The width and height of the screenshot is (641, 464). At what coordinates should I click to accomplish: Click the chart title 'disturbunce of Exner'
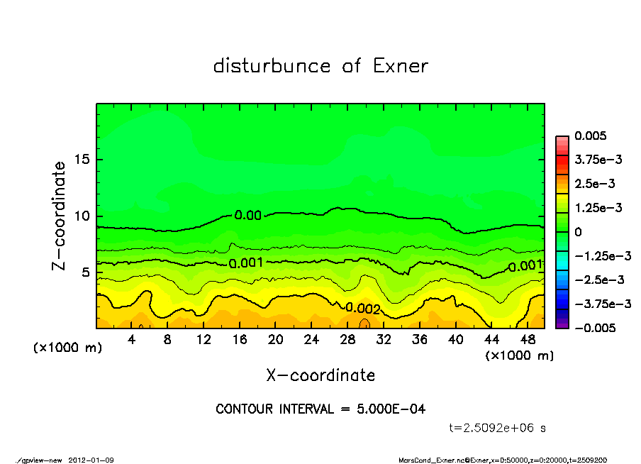click(320, 66)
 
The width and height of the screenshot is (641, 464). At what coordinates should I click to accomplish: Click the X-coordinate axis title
click(320, 375)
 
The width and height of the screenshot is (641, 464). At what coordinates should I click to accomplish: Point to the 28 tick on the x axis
click(347, 340)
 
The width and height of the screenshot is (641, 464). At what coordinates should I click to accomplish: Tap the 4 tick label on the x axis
click(132, 340)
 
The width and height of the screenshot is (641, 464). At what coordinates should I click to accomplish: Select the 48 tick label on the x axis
click(528, 340)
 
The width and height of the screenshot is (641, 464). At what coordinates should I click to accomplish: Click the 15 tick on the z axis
click(83, 160)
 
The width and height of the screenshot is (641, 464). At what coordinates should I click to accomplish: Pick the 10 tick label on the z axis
click(83, 216)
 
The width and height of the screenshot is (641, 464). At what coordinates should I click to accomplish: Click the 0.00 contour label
click(247, 215)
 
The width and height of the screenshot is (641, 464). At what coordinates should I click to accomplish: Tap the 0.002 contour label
click(363, 308)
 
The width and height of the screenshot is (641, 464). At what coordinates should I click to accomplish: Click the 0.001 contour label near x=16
click(246, 263)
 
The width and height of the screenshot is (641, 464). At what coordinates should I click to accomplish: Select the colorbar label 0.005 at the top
click(589, 136)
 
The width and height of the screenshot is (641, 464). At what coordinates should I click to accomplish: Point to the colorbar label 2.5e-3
click(594, 184)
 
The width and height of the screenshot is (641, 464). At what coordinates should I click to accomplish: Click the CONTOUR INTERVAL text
click(320, 409)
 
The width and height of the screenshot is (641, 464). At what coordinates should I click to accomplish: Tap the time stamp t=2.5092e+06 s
click(498, 428)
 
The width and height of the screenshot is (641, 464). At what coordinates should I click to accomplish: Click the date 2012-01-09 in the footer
click(91, 460)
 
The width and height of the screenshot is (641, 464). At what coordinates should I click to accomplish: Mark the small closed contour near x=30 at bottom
click(364, 324)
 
